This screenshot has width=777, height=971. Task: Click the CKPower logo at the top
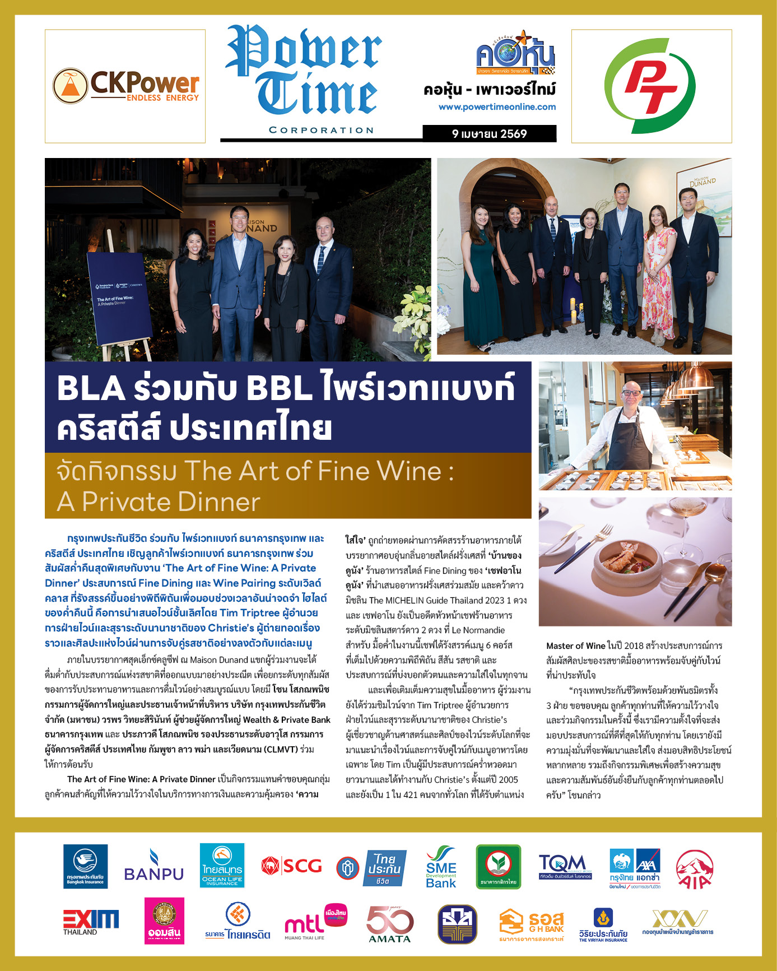point(125,86)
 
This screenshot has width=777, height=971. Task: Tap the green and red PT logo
point(651,86)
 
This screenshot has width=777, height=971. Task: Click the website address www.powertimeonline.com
point(497,107)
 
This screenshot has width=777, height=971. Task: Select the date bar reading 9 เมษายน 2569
point(489,133)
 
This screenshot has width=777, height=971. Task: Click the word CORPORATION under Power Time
point(321,130)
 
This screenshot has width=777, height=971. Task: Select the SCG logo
point(291,866)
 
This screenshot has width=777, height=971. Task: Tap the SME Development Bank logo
point(440,867)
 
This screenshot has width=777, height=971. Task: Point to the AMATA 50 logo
point(389,923)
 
